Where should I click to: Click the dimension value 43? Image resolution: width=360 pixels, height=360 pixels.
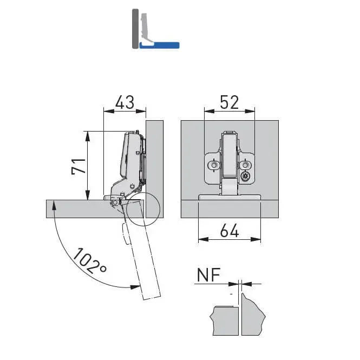click(x=125, y=102)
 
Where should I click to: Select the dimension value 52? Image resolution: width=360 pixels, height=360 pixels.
click(x=230, y=102)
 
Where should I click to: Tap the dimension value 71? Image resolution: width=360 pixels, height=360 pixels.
click(x=78, y=166)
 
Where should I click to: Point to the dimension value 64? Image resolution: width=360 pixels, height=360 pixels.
click(x=230, y=231)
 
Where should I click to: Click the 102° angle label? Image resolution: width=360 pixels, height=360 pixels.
click(x=90, y=261)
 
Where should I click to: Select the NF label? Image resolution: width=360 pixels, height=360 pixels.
click(x=209, y=274)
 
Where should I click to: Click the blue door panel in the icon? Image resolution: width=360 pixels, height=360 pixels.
click(x=159, y=45)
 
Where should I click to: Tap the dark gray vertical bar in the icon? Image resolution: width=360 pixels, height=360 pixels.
click(x=135, y=29)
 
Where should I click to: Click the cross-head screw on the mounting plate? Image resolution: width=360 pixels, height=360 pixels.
click(x=245, y=176)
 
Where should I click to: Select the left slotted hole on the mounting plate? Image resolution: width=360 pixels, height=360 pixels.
click(x=214, y=165)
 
